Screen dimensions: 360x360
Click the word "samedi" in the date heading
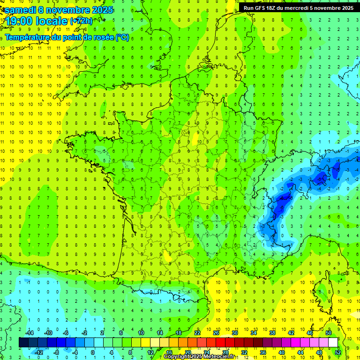click(20, 9)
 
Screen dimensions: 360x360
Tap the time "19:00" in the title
click(20, 22)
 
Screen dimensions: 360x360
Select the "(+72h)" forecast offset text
click(81, 21)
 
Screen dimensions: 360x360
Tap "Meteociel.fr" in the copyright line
click(218, 357)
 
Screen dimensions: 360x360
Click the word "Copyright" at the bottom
click(179, 357)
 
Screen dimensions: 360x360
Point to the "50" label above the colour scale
click(329, 333)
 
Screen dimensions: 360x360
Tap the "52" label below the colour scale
click(337, 352)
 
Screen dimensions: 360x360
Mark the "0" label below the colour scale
click(93, 352)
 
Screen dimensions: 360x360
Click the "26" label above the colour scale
click(216, 333)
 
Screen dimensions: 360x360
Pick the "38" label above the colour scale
click(272, 333)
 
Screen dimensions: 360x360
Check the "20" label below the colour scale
click(187, 352)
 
